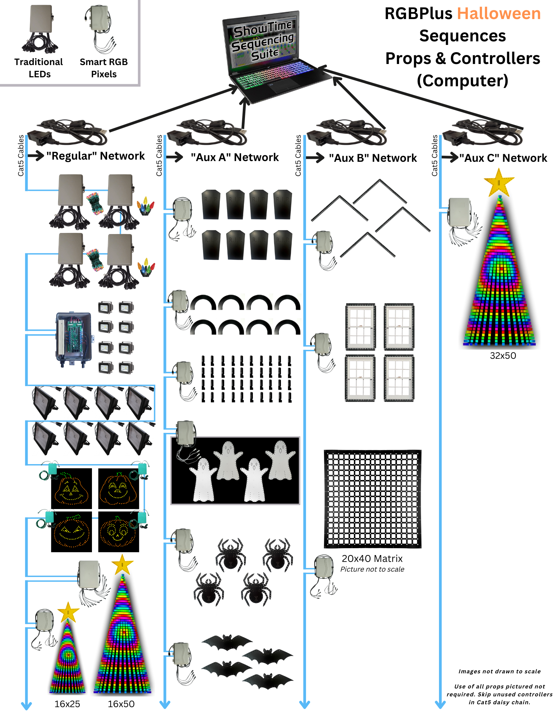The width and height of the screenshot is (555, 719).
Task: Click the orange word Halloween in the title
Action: [499, 14]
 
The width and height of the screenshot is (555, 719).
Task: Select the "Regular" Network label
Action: [96, 156]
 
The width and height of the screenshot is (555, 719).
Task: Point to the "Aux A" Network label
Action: [235, 157]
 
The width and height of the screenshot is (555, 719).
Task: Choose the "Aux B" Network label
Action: [373, 158]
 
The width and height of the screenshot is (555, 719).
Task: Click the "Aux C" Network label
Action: [503, 158]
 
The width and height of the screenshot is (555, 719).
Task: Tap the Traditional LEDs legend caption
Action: [39, 68]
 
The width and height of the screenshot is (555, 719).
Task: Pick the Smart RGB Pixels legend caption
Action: [104, 68]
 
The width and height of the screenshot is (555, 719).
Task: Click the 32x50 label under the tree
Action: [503, 356]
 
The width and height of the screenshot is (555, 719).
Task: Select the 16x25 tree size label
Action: [67, 704]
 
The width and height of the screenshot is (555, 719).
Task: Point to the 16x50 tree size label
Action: [121, 704]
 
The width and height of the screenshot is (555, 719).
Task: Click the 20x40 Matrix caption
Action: [372, 559]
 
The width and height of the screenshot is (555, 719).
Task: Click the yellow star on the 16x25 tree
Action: [68, 612]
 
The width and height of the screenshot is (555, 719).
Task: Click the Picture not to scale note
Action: [372, 569]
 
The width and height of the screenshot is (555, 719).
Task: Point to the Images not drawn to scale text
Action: [499, 672]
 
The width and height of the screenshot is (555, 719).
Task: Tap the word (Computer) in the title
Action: [463, 81]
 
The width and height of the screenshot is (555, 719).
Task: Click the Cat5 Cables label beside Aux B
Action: [298, 155]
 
